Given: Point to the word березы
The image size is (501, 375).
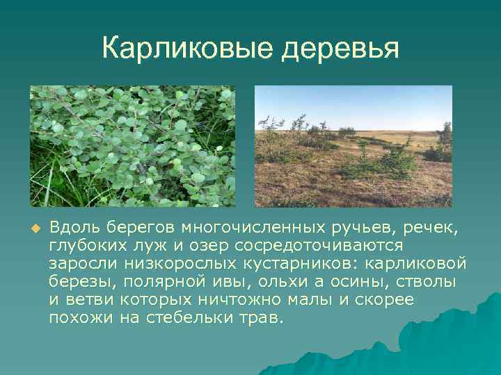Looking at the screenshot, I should pos(77,283).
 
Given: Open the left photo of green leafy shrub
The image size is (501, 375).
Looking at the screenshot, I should pos(132,146).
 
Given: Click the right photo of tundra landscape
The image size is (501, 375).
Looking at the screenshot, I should pos(353,146).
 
